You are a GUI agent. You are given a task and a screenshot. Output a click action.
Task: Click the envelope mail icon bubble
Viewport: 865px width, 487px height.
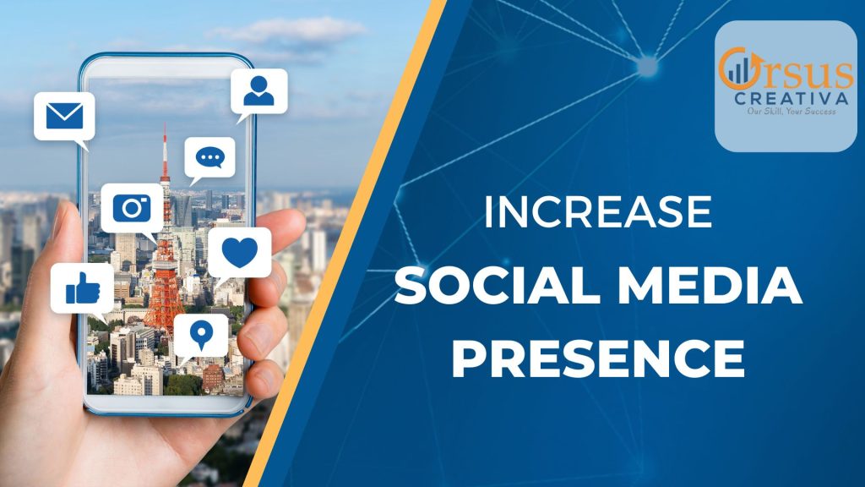pos(64,117)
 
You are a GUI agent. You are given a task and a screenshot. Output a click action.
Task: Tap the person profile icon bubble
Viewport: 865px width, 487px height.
pos(259,91)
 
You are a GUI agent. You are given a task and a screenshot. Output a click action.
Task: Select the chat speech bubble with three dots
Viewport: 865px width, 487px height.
pos(209,158)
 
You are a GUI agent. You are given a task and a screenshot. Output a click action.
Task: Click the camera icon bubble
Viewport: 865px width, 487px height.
pos(132,209)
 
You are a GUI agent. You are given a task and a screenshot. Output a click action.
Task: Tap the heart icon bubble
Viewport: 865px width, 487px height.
pos(240,253)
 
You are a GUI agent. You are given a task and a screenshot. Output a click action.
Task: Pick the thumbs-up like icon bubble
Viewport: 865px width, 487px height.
pos(83,289)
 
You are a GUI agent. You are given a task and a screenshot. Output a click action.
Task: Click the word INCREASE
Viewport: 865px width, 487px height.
pos(598,211)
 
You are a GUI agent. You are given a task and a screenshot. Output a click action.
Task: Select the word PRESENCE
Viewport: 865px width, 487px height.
pos(598,358)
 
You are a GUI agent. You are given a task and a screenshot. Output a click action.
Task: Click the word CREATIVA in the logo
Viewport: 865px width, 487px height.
pos(791,99)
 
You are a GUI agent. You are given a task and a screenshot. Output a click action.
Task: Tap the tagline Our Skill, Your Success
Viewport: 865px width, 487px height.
pos(791,112)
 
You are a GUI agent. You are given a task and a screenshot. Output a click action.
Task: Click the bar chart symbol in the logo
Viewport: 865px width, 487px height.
pos(738,70)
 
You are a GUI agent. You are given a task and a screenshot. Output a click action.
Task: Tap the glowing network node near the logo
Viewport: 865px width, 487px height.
pos(647,66)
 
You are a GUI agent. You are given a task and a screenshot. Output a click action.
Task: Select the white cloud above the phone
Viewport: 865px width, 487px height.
pos(287,30)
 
